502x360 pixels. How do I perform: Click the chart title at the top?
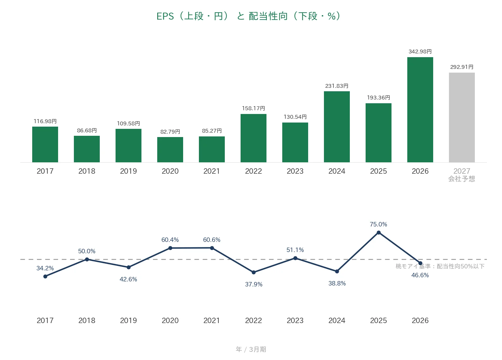[x=248, y=16]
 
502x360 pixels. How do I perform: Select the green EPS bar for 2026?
[x=420, y=110]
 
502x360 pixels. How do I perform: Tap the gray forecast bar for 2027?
[x=462, y=117]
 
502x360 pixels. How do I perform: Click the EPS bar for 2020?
[x=170, y=149]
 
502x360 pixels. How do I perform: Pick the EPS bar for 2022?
[x=254, y=138]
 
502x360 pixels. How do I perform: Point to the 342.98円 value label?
[x=420, y=51]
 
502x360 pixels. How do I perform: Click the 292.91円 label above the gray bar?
[x=462, y=67]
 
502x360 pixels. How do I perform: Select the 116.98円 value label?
[x=45, y=121]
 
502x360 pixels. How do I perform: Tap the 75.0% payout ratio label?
[x=378, y=224]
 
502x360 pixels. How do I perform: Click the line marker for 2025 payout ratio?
[x=379, y=233]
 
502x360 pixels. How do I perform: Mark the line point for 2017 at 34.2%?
[x=45, y=276]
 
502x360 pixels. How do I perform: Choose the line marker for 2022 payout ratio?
[x=254, y=272]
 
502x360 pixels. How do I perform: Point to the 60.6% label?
[x=212, y=240]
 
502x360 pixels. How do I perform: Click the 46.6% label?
[x=420, y=275]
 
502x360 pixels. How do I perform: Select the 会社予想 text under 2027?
[x=462, y=179]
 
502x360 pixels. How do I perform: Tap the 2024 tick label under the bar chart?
[x=337, y=171]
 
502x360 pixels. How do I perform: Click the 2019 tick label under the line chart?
[x=128, y=320]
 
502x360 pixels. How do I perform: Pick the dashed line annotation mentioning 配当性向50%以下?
[x=440, y=266]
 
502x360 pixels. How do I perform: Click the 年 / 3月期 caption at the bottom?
[x=251, y=349]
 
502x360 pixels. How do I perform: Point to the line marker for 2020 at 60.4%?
[x=170, y=248]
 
